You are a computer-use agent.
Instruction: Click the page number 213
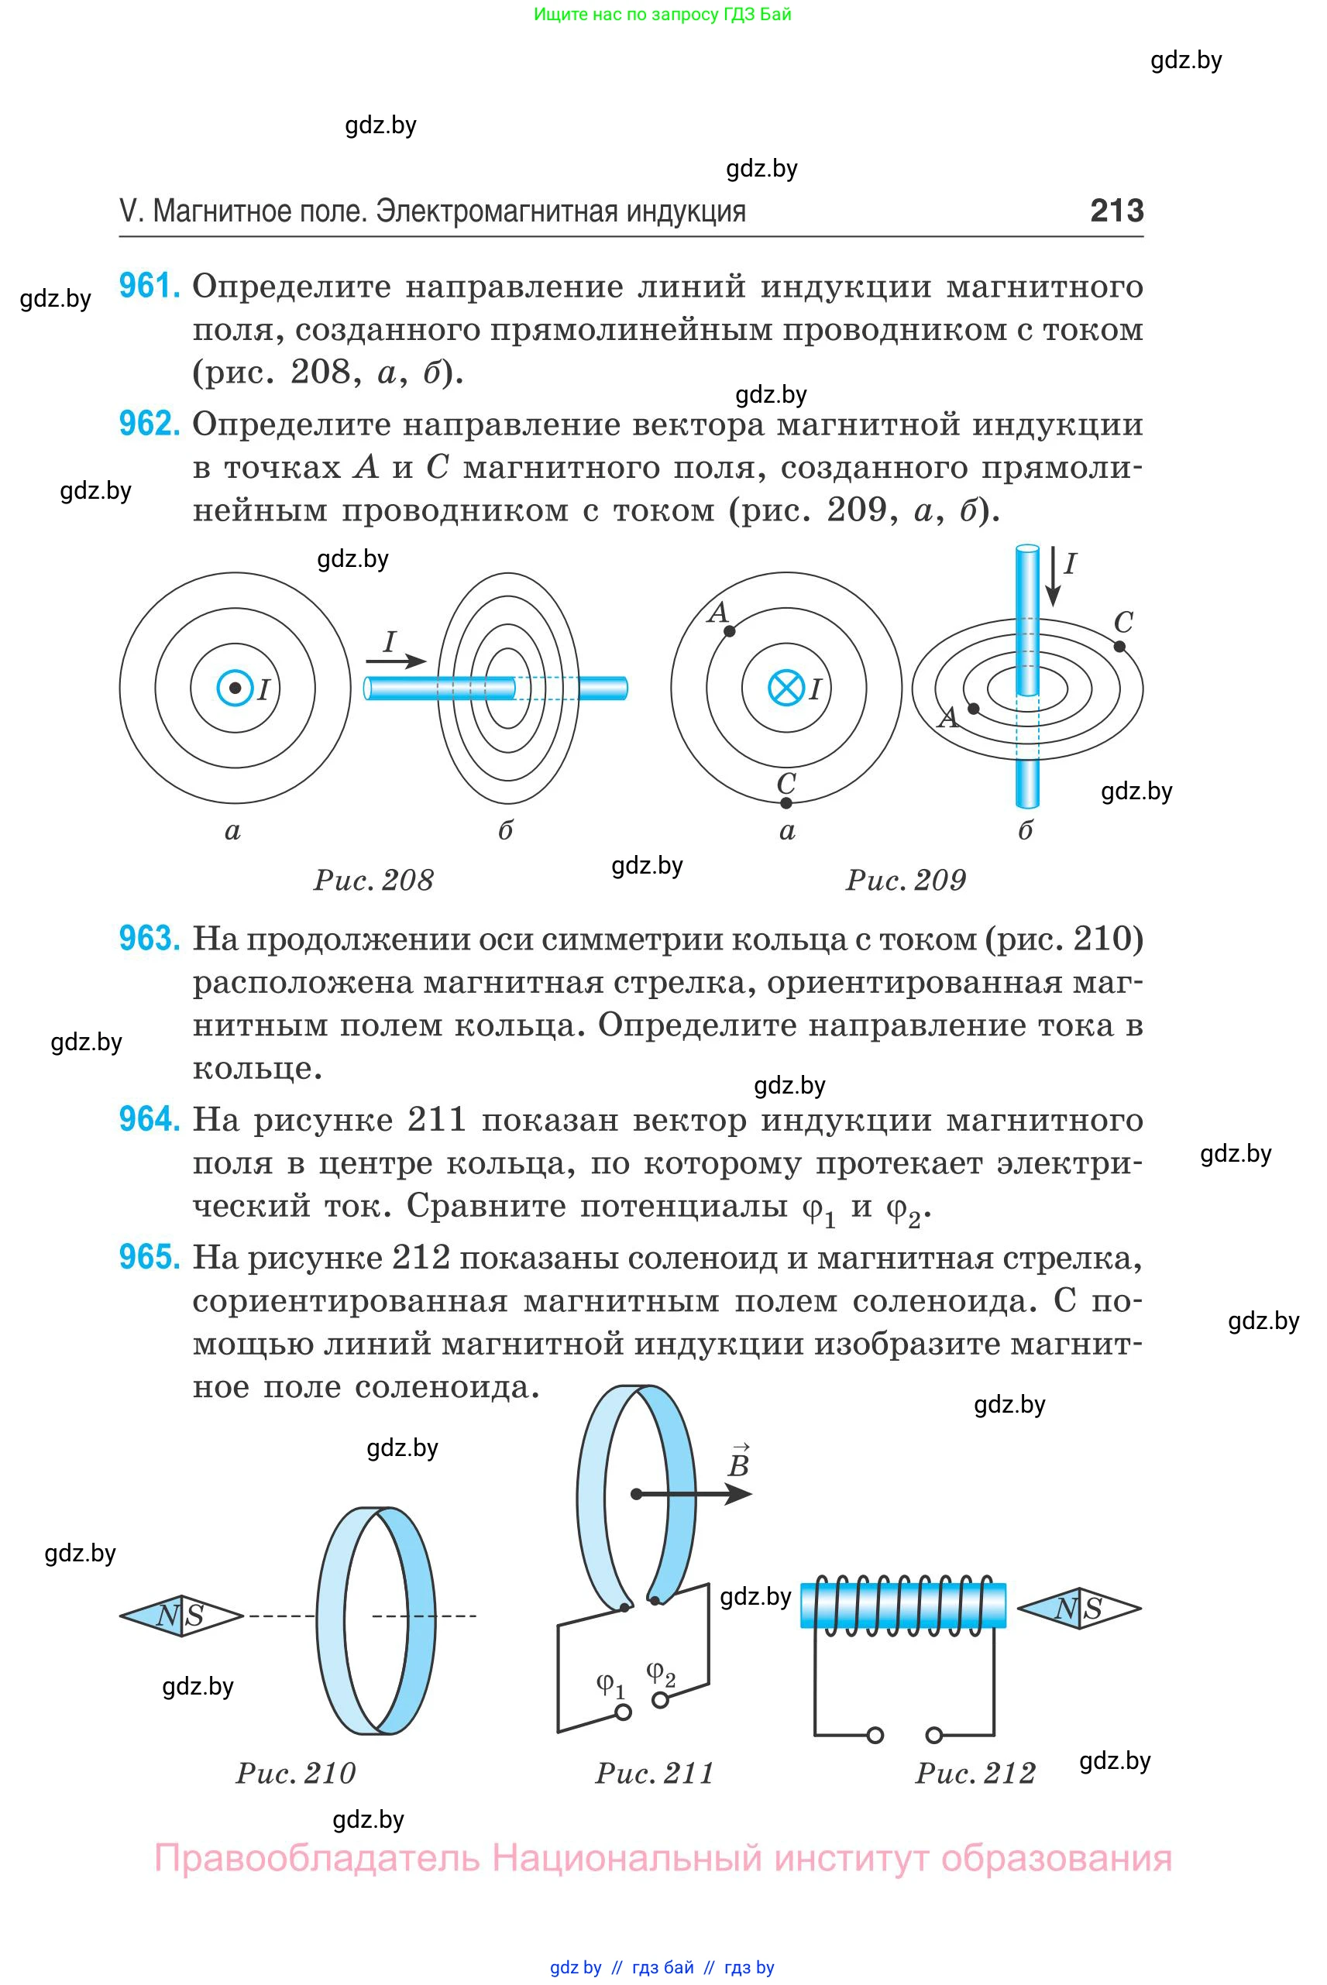click(x=1116, y=210)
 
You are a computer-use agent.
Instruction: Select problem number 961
click(x=149, y=286)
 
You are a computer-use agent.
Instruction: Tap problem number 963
click(x=149, y=939)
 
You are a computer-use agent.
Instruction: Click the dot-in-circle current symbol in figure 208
click(x=235, y=688)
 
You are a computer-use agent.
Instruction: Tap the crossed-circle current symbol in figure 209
click(x=786, y=688)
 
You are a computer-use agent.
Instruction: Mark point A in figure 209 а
click(x=730, y=630)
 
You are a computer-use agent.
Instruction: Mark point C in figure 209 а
click(x=786, y=802)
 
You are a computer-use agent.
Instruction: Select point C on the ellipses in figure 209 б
click(x=1119, y=647)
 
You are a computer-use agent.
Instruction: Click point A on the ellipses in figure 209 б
click(x=974, y=708)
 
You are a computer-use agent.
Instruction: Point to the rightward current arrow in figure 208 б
click(x=396, y=661)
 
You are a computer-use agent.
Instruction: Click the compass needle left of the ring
click(x=181, y=1616)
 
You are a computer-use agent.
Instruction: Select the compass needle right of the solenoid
click(x=1079, y=1609)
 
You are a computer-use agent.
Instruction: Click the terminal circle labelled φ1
click(x=624, y=1712)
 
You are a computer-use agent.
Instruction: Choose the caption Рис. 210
click(x=295, y=1774)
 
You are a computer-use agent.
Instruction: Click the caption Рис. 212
click(x=975, y=1774)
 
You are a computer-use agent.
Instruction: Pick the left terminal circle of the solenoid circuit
click(x=875, y=1736)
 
